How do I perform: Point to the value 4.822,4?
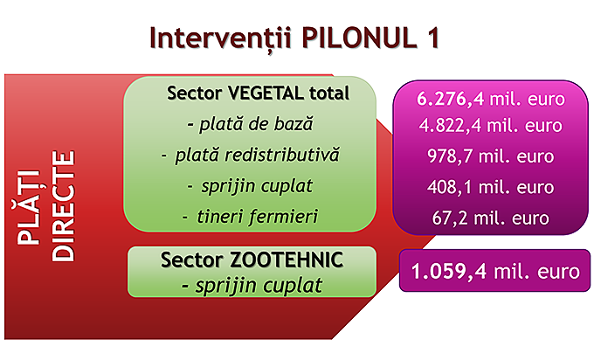point(452,126)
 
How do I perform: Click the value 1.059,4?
point(449,272)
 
